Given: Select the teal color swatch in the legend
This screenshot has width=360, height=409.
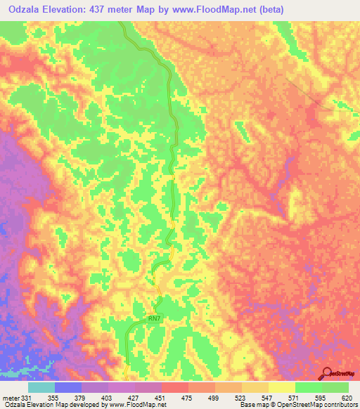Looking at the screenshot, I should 41,387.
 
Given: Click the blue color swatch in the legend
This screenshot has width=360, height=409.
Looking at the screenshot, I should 68,387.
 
